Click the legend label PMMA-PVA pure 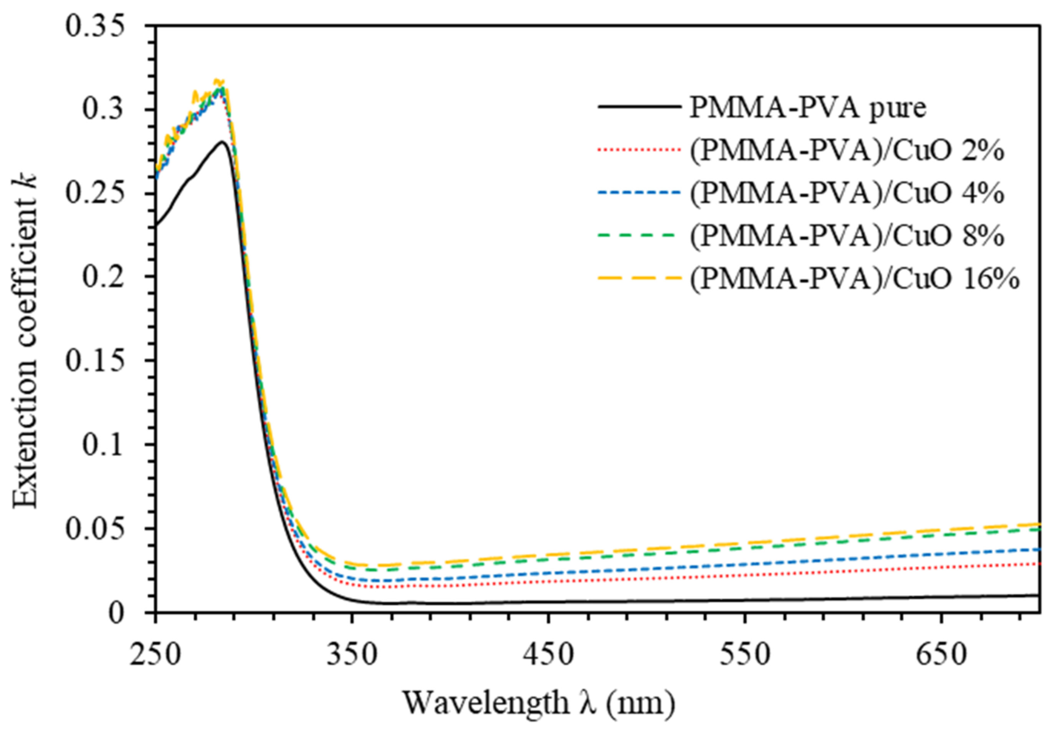coord(808,108)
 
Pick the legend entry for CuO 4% coord(847,193)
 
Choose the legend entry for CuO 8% coord(847,236)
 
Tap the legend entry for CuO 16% coord(853,279)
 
